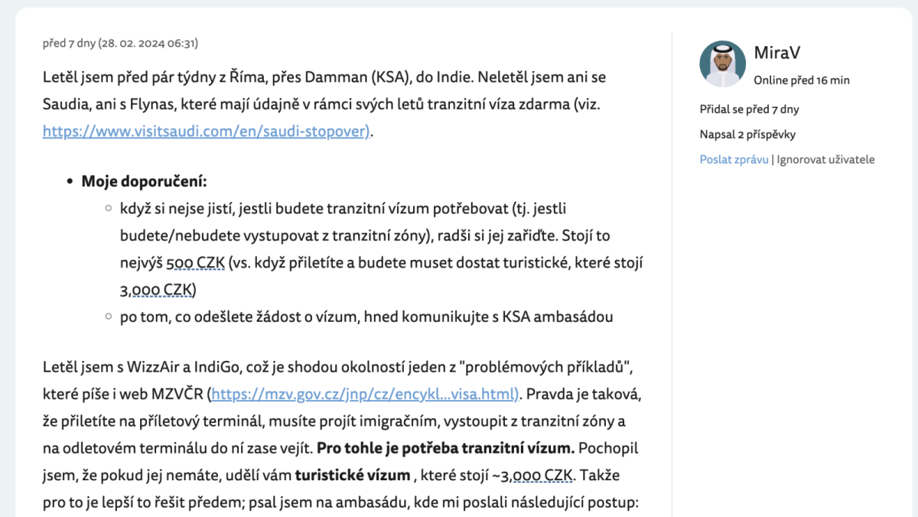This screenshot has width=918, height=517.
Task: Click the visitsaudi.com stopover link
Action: tap(206, 131)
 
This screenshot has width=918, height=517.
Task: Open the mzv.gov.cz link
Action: tap(364, 395)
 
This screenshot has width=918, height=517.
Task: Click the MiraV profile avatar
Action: tap(722, 63)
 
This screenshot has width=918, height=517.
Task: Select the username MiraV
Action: tap(777, 53)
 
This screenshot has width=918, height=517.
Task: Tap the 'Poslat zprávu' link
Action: tap(734, 160)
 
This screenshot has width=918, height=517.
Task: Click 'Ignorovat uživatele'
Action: tap(825, 160)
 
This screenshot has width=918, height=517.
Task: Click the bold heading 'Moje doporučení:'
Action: tap(145, 182)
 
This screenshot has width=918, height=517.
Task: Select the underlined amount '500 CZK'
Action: tap(195, 263)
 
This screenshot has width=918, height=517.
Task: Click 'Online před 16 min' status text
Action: tap(801, 80)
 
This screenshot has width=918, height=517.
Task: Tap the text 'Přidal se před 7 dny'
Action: tap(749, 109)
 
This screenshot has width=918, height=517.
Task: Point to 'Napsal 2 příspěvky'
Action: tap(747, 135)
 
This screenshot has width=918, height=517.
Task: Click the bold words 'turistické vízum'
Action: tap(353, 475)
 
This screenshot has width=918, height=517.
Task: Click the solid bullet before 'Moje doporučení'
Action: tap(70, 182)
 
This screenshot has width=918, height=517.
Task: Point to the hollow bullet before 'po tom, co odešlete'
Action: tap(109, 317)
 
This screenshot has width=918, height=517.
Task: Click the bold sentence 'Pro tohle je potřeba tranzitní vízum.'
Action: tap(446, 448)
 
